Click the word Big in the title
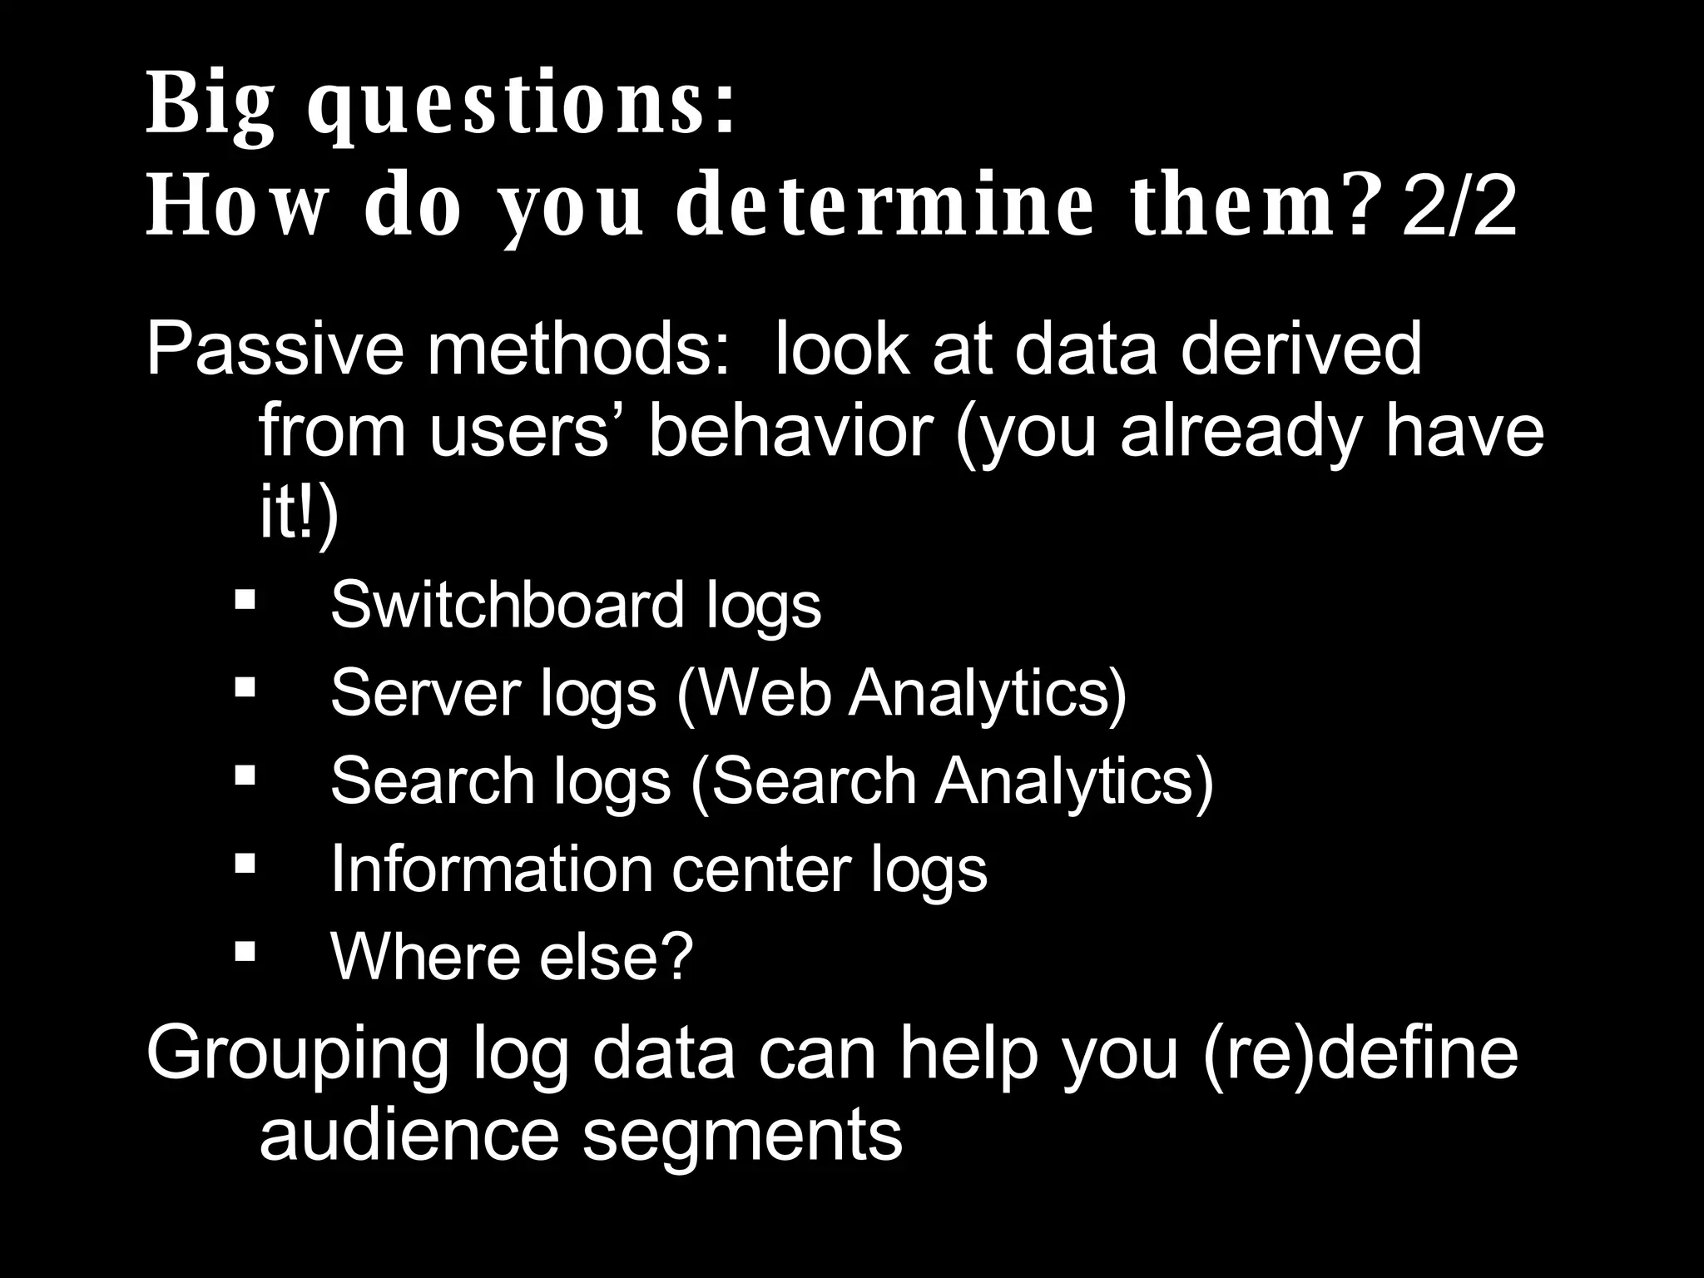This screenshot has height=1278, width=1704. click(210, 106)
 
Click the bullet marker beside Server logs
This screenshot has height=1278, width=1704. click(245, 686)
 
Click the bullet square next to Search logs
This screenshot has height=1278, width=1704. click(245, 775)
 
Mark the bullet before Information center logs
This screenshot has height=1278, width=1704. click(245, 863)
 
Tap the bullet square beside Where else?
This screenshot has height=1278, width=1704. click(245, 951)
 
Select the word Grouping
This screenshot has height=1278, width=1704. click(298, 1055)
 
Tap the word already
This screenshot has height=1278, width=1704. click(1240, 433)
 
